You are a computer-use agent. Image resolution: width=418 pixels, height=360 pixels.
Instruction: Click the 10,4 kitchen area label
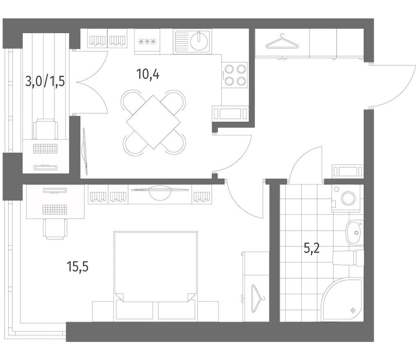point(147,74)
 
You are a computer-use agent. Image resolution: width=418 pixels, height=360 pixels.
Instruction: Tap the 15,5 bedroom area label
point(77,267)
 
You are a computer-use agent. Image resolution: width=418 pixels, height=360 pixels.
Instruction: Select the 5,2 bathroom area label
point(312,249)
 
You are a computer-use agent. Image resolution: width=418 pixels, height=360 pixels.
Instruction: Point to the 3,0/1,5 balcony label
point(45,81)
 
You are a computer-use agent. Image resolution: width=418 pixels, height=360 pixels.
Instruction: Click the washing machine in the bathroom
point(346,198)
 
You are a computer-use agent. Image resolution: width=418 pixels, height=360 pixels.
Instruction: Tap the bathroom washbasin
point(355,232)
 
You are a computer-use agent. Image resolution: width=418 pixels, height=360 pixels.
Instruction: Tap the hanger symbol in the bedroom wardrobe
point(257,298)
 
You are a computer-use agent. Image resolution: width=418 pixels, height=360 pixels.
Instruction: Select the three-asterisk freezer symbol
point(147,42)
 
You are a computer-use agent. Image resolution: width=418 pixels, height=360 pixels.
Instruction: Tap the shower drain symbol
point(353,310)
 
